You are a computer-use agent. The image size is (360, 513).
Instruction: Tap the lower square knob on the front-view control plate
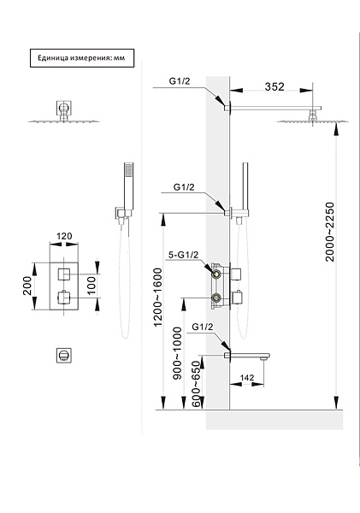[63, 298]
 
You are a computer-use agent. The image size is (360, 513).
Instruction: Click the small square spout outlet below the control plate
[63, 355]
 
